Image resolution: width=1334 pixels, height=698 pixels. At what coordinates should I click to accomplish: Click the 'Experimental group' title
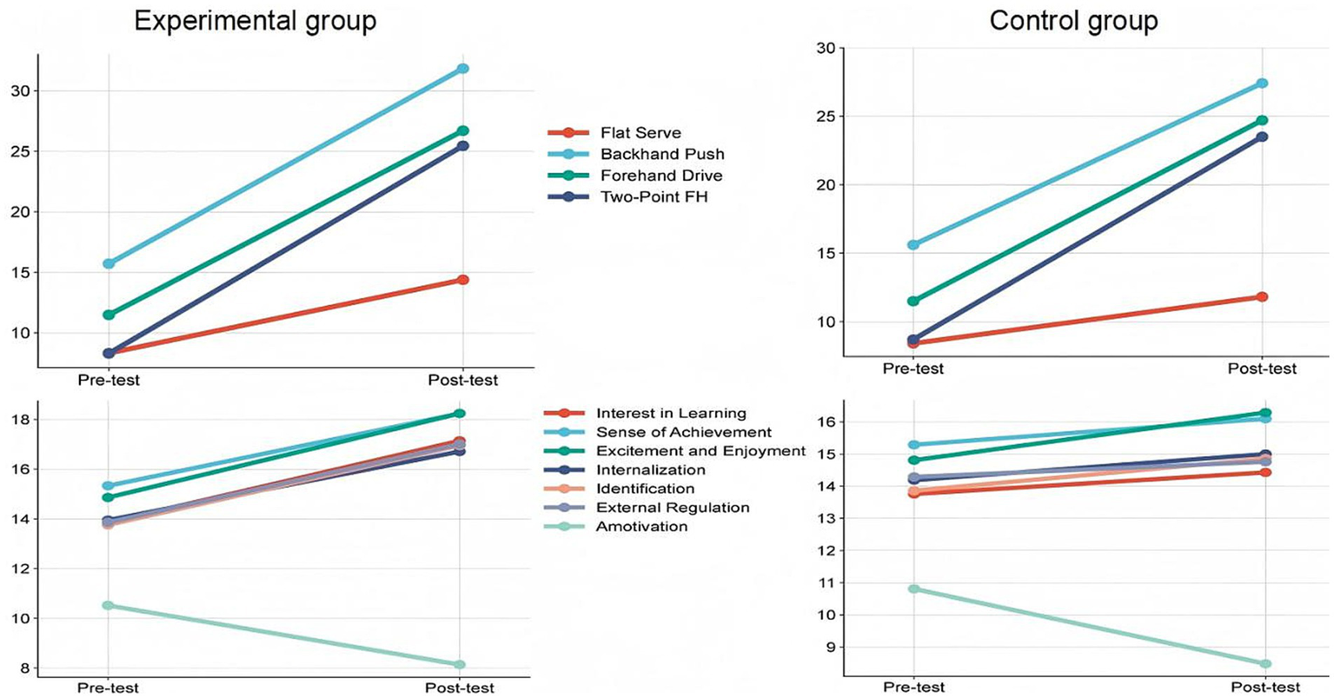pyautogui.click(x=255, y=21)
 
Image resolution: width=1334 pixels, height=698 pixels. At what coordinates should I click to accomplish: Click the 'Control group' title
pyautogui.click(x=1073, y=21)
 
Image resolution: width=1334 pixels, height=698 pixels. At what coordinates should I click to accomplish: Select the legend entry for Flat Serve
pyautogui.click(x=640, y=133)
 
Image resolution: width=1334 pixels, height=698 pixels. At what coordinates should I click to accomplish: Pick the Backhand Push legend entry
pyautogui.click(x=661, y=154)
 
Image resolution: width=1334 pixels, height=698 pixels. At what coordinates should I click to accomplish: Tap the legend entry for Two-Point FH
pyautogui.click(x=654, y=196)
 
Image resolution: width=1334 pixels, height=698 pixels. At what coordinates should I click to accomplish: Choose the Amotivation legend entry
pyautogui.click(x=641, y=527)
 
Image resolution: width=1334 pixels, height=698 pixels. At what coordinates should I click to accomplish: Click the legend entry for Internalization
pyautogui.click(x=650, y=470)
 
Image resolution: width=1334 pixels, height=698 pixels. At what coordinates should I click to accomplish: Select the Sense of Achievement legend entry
pyautogui.click(x=683, y=432)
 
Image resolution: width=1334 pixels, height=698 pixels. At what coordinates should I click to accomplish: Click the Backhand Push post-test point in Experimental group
pyautogui.click(x=463, y=69)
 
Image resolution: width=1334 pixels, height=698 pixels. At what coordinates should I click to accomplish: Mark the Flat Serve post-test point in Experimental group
pyautogui.click(x=463, y=280)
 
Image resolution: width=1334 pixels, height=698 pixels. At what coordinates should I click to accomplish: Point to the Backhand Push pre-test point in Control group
pyautogui.click(x=913, y=245)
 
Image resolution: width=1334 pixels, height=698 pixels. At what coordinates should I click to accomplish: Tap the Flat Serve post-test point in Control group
pyautogui.click(x=1262, y=297)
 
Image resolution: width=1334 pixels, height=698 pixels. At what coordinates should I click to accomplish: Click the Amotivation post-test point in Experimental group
pyautogui.click(x=460, y=665)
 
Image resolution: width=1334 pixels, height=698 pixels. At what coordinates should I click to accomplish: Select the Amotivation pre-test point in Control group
pyautogui.click(x=913, y=589)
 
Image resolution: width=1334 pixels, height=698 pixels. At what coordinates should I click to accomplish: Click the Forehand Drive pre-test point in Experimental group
pyautogui.click(x=109, y=315)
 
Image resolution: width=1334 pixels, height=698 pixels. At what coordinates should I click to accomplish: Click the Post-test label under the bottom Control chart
pyautogui.click(x=1265, y=688)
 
